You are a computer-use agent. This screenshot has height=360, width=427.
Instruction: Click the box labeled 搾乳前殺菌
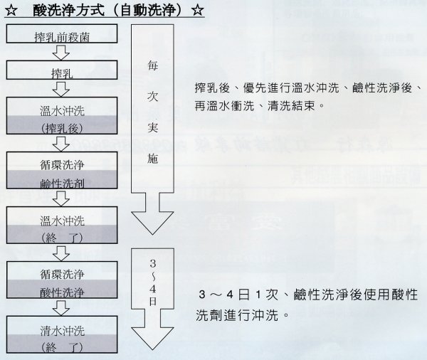coord(62,33)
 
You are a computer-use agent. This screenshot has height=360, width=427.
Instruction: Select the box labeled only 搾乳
coord(62,70)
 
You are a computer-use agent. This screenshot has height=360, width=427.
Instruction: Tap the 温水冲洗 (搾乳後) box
coord(62,115)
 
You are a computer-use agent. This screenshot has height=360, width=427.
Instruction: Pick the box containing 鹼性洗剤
coord(62,170)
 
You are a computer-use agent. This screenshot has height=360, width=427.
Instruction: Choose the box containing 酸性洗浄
coord(62,280)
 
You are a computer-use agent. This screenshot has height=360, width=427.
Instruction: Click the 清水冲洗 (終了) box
coord(62,334)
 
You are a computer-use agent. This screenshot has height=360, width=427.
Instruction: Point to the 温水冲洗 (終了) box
coord(62,225)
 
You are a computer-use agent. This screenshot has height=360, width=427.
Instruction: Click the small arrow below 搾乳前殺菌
coord(61,52)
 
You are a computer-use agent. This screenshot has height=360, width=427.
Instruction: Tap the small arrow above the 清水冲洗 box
coord(61,308)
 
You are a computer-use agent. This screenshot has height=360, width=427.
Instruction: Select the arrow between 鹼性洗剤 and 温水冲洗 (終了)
coord(61,198)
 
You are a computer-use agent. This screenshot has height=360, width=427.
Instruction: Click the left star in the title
coord(11,11)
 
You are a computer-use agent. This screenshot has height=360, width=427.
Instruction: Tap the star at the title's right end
coord(198,11)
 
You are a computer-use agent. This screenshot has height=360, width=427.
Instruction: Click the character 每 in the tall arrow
coord(152,65)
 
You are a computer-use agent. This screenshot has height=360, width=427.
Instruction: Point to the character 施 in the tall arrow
coord(152,158)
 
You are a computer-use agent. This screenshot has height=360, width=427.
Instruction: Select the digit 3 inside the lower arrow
coord(153,263)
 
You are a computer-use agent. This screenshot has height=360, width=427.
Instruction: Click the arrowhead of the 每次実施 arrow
coord(152,223)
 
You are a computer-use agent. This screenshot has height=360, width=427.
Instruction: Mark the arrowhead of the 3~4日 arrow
coord(152,338)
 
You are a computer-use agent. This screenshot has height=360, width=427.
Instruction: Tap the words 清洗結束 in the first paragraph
coord(291,106)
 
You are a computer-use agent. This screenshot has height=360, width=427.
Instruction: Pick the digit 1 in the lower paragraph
coord(258,295)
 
